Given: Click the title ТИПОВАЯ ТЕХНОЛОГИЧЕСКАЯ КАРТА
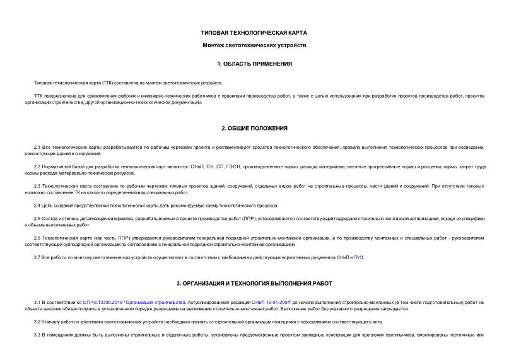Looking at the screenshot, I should coord(254,32).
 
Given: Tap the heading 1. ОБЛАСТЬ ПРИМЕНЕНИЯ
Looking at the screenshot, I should coord(254,64).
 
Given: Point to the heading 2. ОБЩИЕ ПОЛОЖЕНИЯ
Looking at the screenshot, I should coord(254,128).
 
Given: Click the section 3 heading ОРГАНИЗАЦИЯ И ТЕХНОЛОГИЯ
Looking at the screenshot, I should coord(254,284).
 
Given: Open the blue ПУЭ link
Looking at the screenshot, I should coord(359,257).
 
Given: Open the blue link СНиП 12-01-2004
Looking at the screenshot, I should coord(271,302).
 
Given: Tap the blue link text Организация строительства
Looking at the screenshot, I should coord(155,302).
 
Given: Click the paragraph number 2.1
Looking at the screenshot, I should coord(37,147).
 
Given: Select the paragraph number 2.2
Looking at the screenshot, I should coord(37,166).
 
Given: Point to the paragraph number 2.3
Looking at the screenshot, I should coord(37,186).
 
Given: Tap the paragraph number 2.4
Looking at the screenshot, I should coord(37,206).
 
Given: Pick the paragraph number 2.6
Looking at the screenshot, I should coord(37,238).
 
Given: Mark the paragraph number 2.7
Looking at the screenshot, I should coord(37,257).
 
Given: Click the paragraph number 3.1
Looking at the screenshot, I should coord(37,302).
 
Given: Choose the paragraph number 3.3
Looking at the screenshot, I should coord(37,334).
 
